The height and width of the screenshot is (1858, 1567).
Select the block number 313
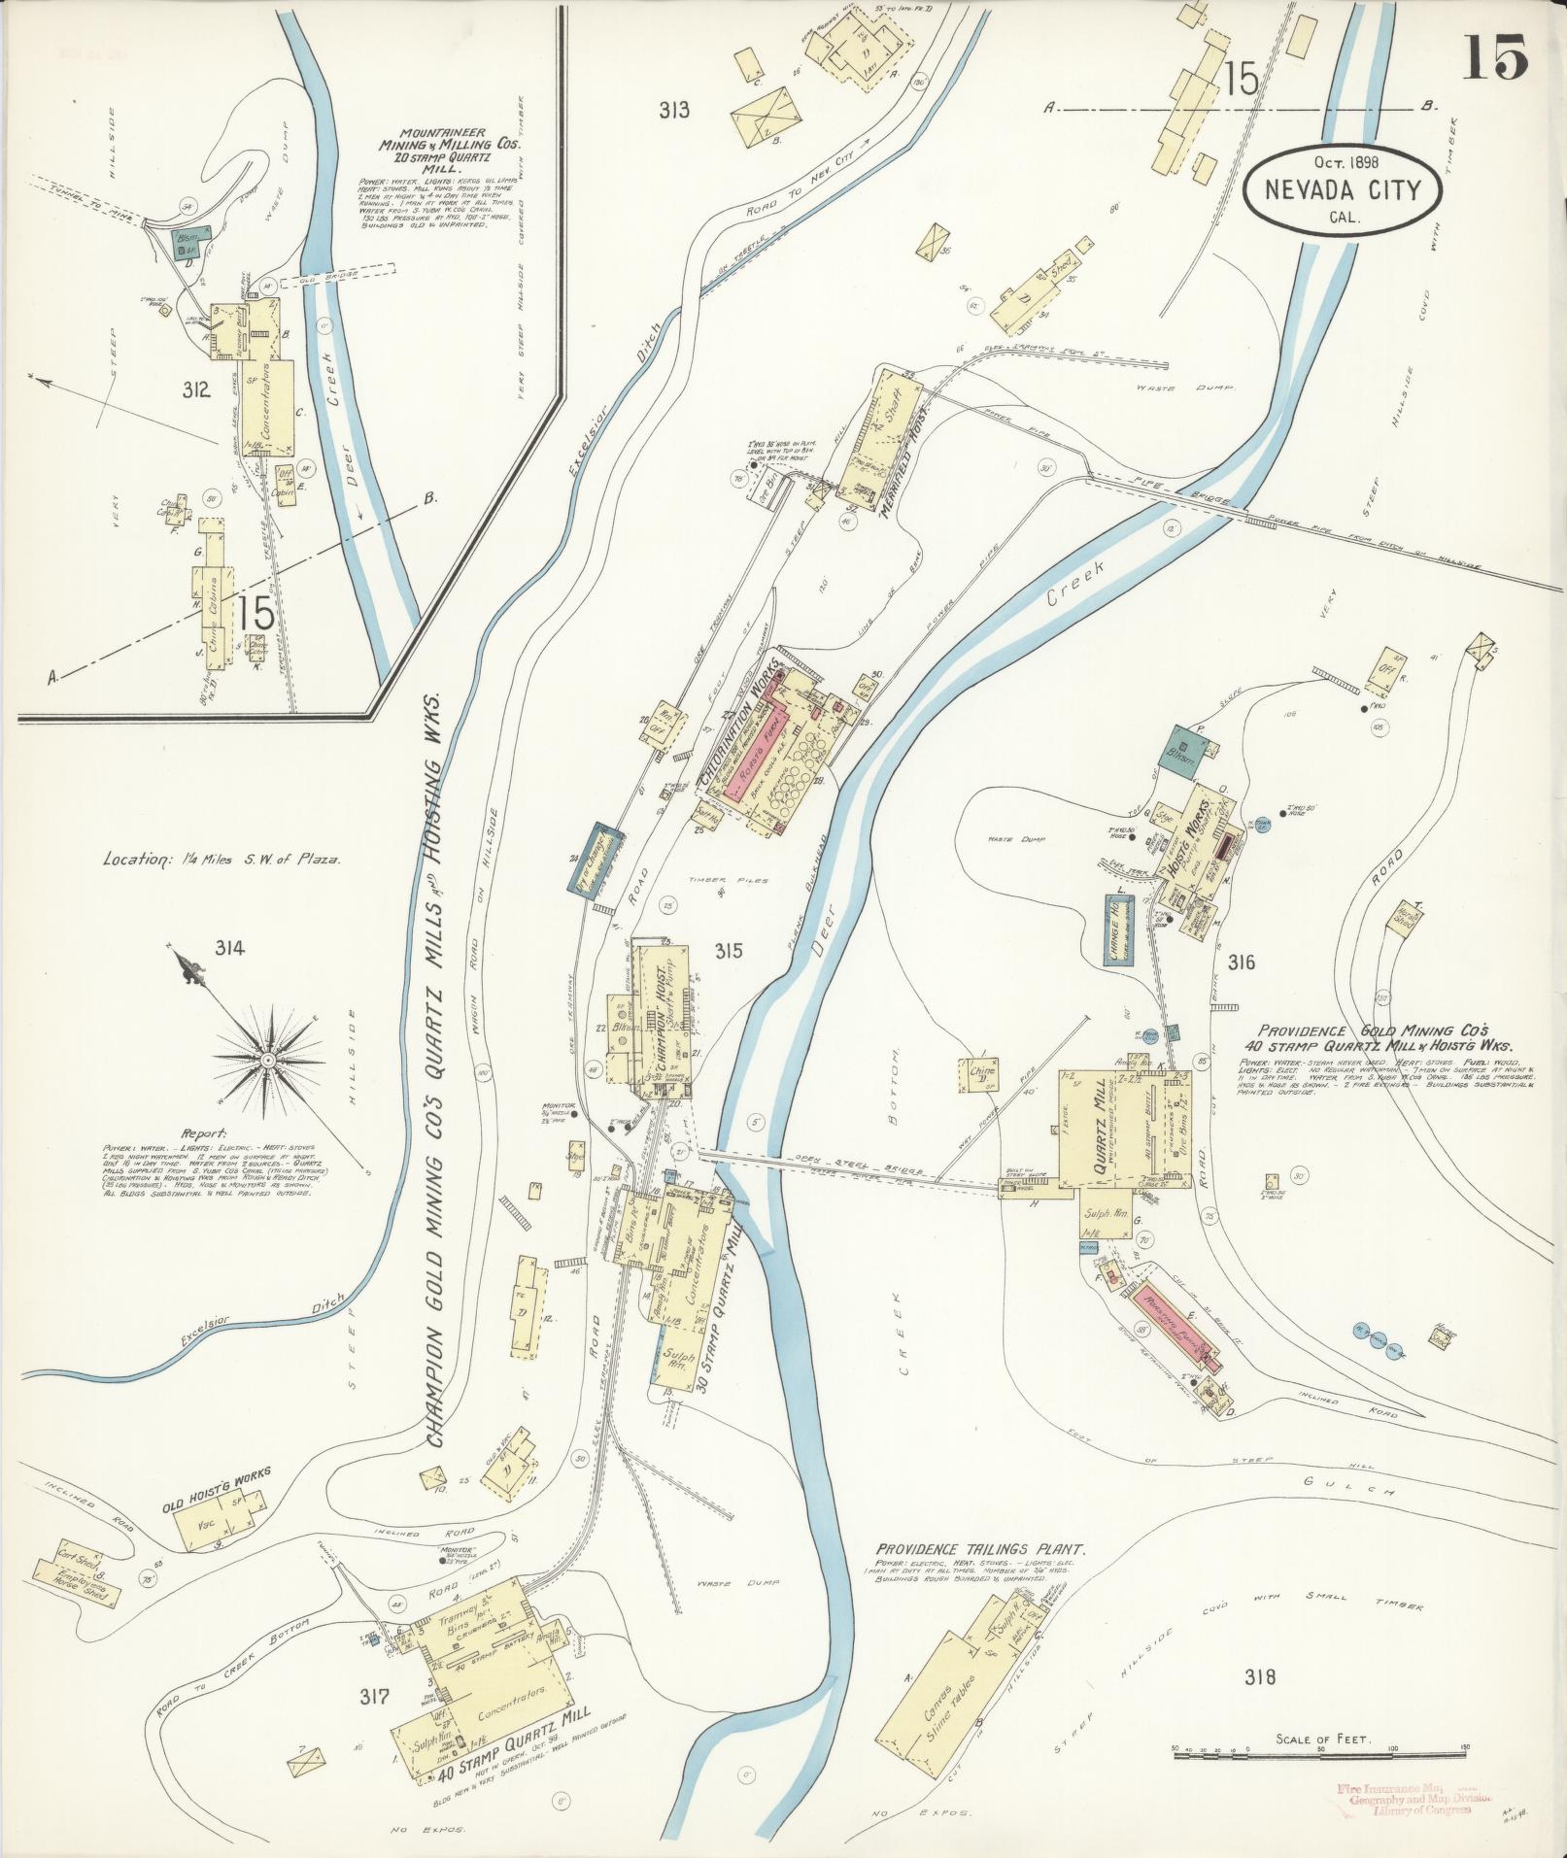click(673, 110)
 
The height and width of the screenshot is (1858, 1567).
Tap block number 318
click(1258, 1675)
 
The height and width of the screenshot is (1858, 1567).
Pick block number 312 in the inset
click(195, 390)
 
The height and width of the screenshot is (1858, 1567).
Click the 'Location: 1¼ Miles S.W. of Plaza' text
click(221, 860)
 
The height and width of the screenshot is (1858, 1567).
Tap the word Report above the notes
click(203, 1132)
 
